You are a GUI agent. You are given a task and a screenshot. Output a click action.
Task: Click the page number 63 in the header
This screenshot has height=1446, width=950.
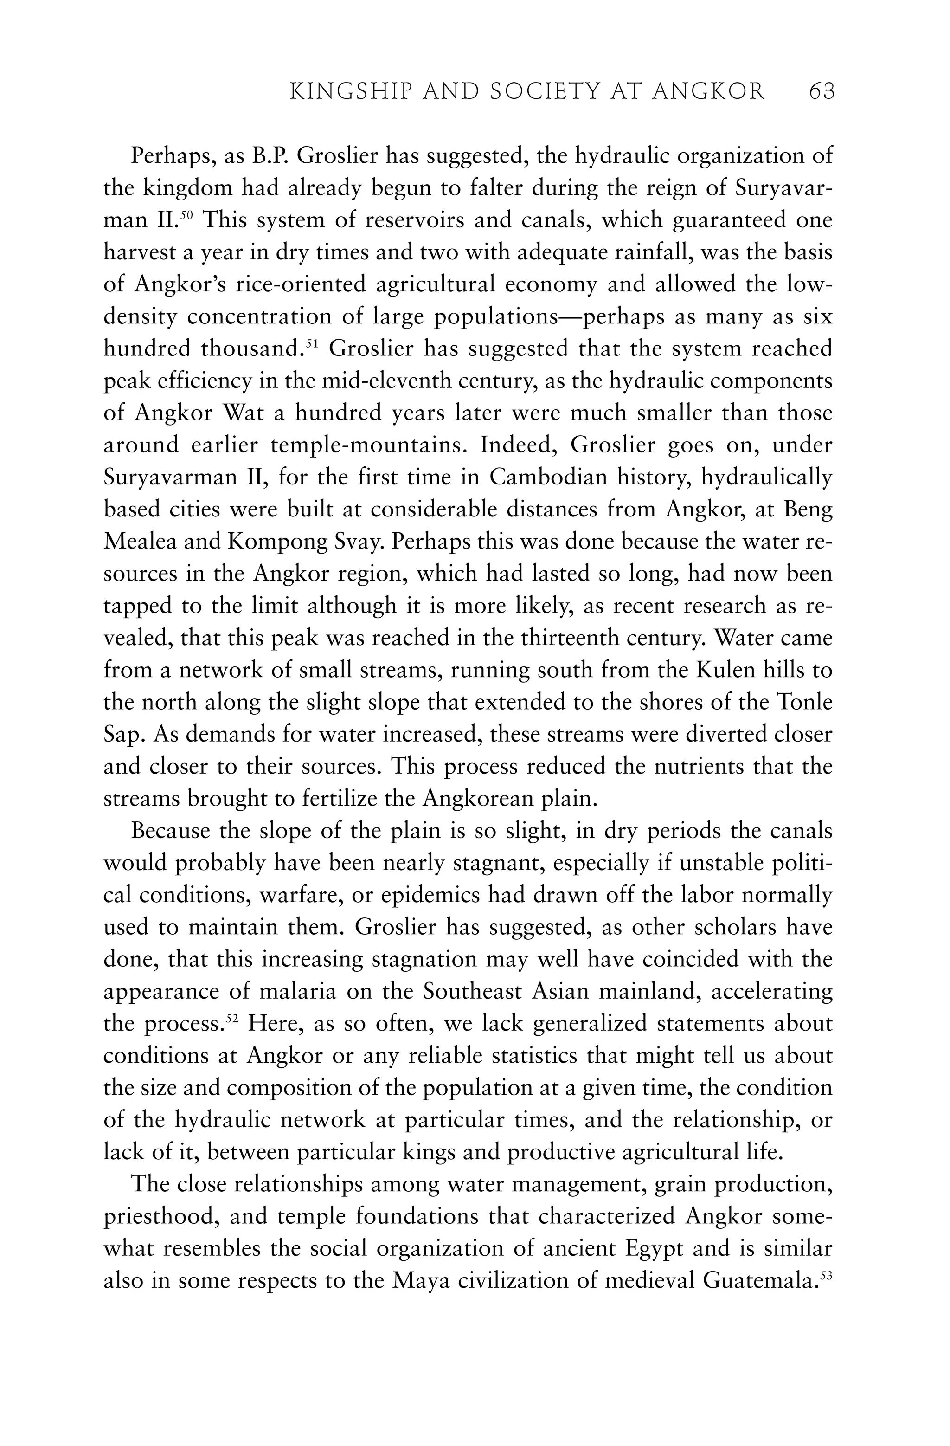click(822, 91)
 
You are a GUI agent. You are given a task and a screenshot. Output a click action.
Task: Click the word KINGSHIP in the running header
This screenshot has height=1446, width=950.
click(342, 91)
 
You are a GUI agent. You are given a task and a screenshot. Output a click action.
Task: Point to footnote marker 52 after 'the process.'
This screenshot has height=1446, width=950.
click(231, 1018)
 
